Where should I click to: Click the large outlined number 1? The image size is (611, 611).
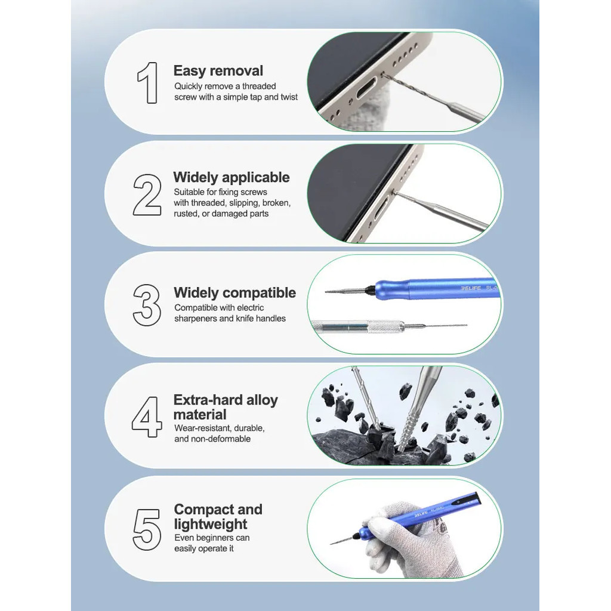tap(148, 82)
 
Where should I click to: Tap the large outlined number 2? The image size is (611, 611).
tap(147, 195)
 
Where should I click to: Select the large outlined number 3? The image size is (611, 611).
tap(147, 305)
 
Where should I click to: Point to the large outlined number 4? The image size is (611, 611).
tap(147, 417)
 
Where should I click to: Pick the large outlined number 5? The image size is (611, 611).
tap(147, 529)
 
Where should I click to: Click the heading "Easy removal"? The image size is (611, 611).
tap(218, 71)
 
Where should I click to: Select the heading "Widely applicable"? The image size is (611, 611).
tap(232, 177)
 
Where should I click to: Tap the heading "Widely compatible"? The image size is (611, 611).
tap(235, 292)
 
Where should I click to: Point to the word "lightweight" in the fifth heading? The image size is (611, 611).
tap(211, 524)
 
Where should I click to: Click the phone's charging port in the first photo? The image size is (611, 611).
tap(365, 90)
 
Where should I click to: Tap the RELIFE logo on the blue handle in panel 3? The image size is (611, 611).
tap(471, 288)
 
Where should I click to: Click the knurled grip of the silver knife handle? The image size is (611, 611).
tap(386, 326)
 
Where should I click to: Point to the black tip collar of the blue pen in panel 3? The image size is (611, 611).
tap(369, 290)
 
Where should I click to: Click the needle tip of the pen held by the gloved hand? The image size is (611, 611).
tap(331, 543)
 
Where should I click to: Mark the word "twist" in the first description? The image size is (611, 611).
tap(289, 97)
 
